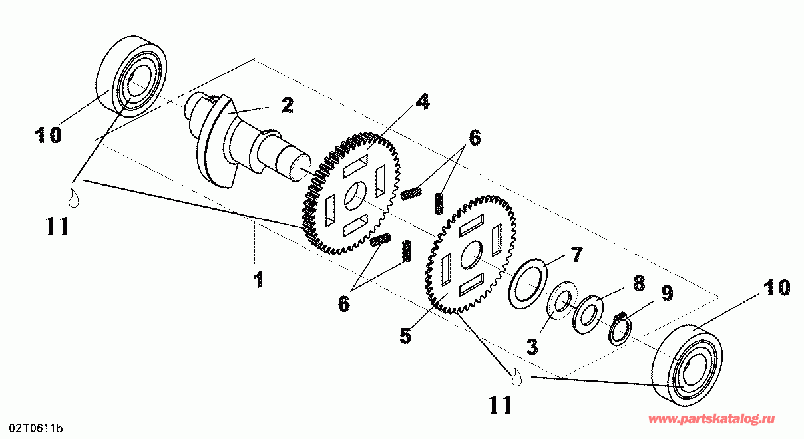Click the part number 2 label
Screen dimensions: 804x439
[288, 106]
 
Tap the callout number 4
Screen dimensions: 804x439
[423, 102]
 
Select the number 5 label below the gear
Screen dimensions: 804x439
[405, 336]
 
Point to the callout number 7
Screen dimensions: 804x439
[576, 255]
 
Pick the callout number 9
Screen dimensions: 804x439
[668, 293]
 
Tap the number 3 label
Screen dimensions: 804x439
[532, 347]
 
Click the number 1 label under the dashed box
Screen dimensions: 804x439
[259, 280]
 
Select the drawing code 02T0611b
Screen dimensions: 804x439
[36, 428]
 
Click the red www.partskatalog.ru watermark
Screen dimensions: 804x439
[711, 419]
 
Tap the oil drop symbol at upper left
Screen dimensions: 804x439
[74, 198]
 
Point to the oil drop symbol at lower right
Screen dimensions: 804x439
[516, 377]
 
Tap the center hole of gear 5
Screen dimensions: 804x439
[471, 255]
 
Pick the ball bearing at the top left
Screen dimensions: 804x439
[132, 76]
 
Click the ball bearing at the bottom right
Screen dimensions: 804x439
[687, 365]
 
